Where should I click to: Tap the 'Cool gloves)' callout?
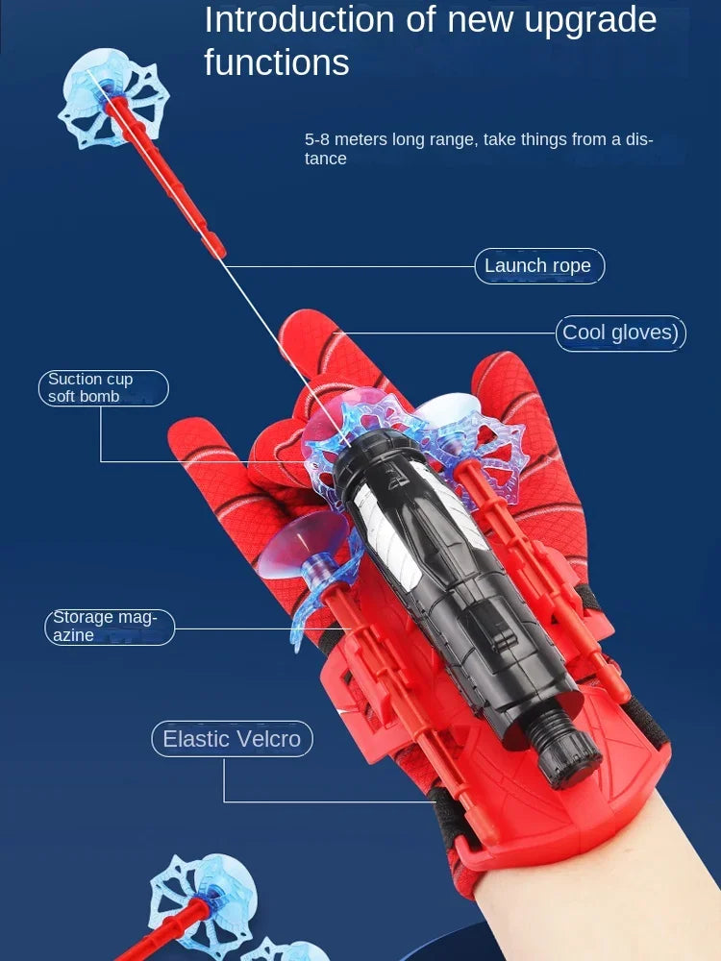620,333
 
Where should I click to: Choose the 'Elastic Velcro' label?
232,739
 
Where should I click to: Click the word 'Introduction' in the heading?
300,19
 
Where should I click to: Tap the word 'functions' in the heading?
277,62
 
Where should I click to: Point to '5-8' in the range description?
317,139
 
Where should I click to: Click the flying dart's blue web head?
114,98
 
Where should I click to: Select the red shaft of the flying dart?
165,178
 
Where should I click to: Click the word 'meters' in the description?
361,139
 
